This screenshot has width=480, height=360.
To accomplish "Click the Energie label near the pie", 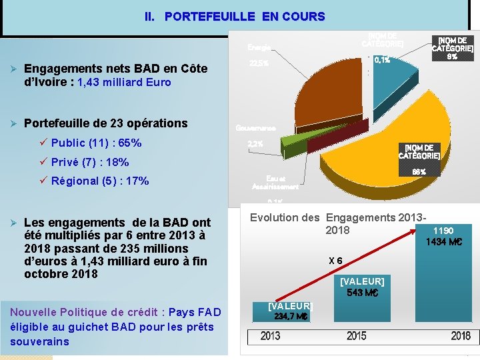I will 259,47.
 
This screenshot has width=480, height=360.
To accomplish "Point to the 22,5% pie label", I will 259,64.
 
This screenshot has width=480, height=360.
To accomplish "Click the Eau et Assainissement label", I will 275,182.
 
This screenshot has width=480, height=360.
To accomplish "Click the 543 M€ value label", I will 362,293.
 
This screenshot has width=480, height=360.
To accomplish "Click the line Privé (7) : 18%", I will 90,162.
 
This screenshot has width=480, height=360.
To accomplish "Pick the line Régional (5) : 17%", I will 100,181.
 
